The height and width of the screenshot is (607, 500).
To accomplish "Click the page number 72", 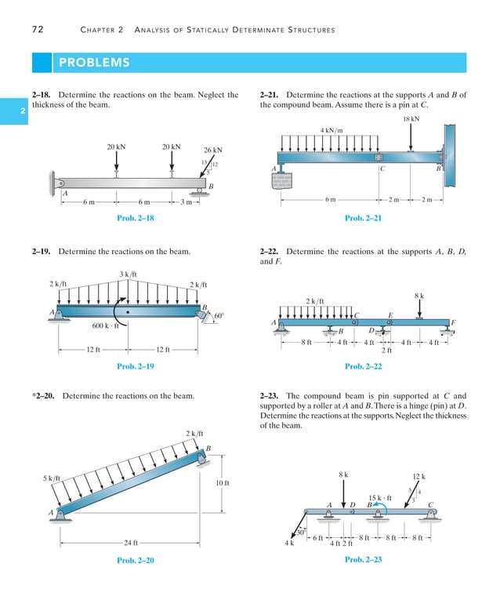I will (x=37, y=30).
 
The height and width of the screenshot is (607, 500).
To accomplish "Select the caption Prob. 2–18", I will (x=135, y=218).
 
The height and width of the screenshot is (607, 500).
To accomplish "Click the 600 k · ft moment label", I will (x=103, y=326).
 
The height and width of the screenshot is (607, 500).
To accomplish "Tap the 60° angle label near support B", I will (x=219, y=315).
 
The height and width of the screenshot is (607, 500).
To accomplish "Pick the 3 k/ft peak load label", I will (x=129, y=274).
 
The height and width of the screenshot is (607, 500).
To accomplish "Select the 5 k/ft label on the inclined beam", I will (x=52, y=478).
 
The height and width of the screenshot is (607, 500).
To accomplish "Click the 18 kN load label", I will (x=411, y=118).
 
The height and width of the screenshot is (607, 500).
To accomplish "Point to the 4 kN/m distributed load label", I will (x=332, y=129).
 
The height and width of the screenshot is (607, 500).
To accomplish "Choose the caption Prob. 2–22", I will (x=363, y=366).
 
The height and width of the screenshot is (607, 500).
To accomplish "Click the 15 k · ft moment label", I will (x=380, y=497).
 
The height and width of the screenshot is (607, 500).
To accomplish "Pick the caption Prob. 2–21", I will (x=363, y=218).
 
